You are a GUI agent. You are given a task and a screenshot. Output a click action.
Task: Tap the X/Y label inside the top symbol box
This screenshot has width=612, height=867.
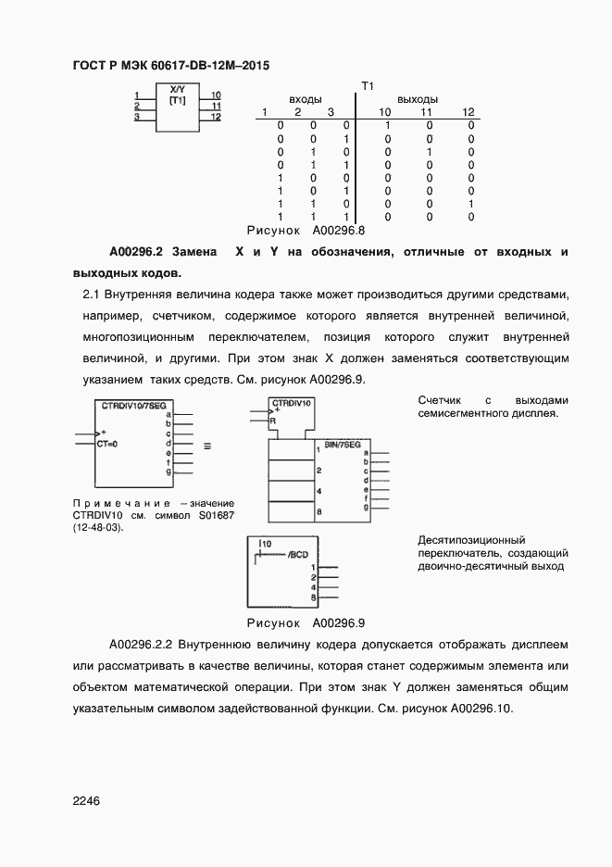178,89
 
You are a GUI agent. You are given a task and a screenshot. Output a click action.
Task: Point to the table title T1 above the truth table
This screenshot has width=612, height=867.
366,86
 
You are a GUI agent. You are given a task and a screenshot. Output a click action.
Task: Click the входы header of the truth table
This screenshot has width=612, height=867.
306,99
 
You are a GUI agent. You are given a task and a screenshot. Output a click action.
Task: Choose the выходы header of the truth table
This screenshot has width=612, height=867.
418,99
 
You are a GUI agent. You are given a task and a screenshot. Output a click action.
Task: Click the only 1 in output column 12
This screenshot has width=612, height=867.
470,203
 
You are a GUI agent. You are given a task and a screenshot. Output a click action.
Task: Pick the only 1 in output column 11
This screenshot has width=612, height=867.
430,151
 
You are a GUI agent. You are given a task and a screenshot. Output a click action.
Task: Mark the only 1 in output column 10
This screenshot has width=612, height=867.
388,125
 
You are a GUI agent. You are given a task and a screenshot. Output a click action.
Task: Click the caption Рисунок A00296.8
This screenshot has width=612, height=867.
306,230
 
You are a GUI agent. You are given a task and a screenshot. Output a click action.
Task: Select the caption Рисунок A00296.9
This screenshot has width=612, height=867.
306,623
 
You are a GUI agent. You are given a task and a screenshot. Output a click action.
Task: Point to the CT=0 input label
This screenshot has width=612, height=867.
107,444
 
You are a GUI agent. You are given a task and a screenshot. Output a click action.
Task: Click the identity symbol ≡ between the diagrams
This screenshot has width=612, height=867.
207,446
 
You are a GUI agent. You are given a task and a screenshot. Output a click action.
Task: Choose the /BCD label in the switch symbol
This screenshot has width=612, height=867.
297,554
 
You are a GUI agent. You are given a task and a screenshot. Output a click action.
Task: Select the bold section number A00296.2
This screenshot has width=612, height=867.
136,252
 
